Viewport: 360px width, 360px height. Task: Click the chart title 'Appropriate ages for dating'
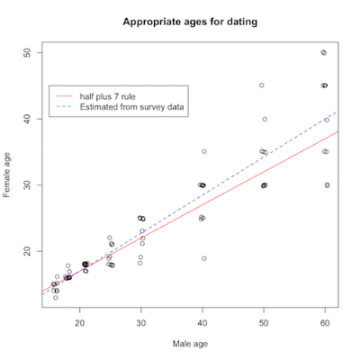click(x=190, y=22)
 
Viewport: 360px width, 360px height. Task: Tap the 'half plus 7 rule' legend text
click(x=107, y=96)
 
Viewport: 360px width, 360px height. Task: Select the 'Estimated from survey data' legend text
click(x=131, y=107)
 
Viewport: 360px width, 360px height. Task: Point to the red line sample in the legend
click(x=65, y=96)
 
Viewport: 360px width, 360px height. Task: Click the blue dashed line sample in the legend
click(x=65, y=107)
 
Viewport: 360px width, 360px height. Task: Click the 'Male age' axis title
click(x=190, y=344)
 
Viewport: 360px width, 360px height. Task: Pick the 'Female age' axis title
click(x=6, y=175)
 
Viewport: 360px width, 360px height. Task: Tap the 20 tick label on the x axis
click(x=80, y=323)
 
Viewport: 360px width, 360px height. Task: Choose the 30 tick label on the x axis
click(x=141, y=323)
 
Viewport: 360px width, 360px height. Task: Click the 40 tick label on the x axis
click(x=202, y=323)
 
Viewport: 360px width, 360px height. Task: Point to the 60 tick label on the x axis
click(x=325, y=323)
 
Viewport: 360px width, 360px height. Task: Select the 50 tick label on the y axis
click(x=27, y=53)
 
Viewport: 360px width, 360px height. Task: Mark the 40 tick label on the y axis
click(x=27, y=119)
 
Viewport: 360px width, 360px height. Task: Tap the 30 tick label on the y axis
click(x=27, y=185)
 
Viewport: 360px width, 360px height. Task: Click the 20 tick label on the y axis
click(x=27, y=251)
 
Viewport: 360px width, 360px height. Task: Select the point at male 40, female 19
click(x=204, y=258)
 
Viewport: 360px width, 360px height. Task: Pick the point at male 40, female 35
click(x=204, y=151)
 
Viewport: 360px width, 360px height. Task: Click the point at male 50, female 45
click(x=262, y=85)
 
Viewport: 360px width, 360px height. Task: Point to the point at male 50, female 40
click(x=265, y=119)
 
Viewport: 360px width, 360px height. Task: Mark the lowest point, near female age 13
click(x=56, y=298)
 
